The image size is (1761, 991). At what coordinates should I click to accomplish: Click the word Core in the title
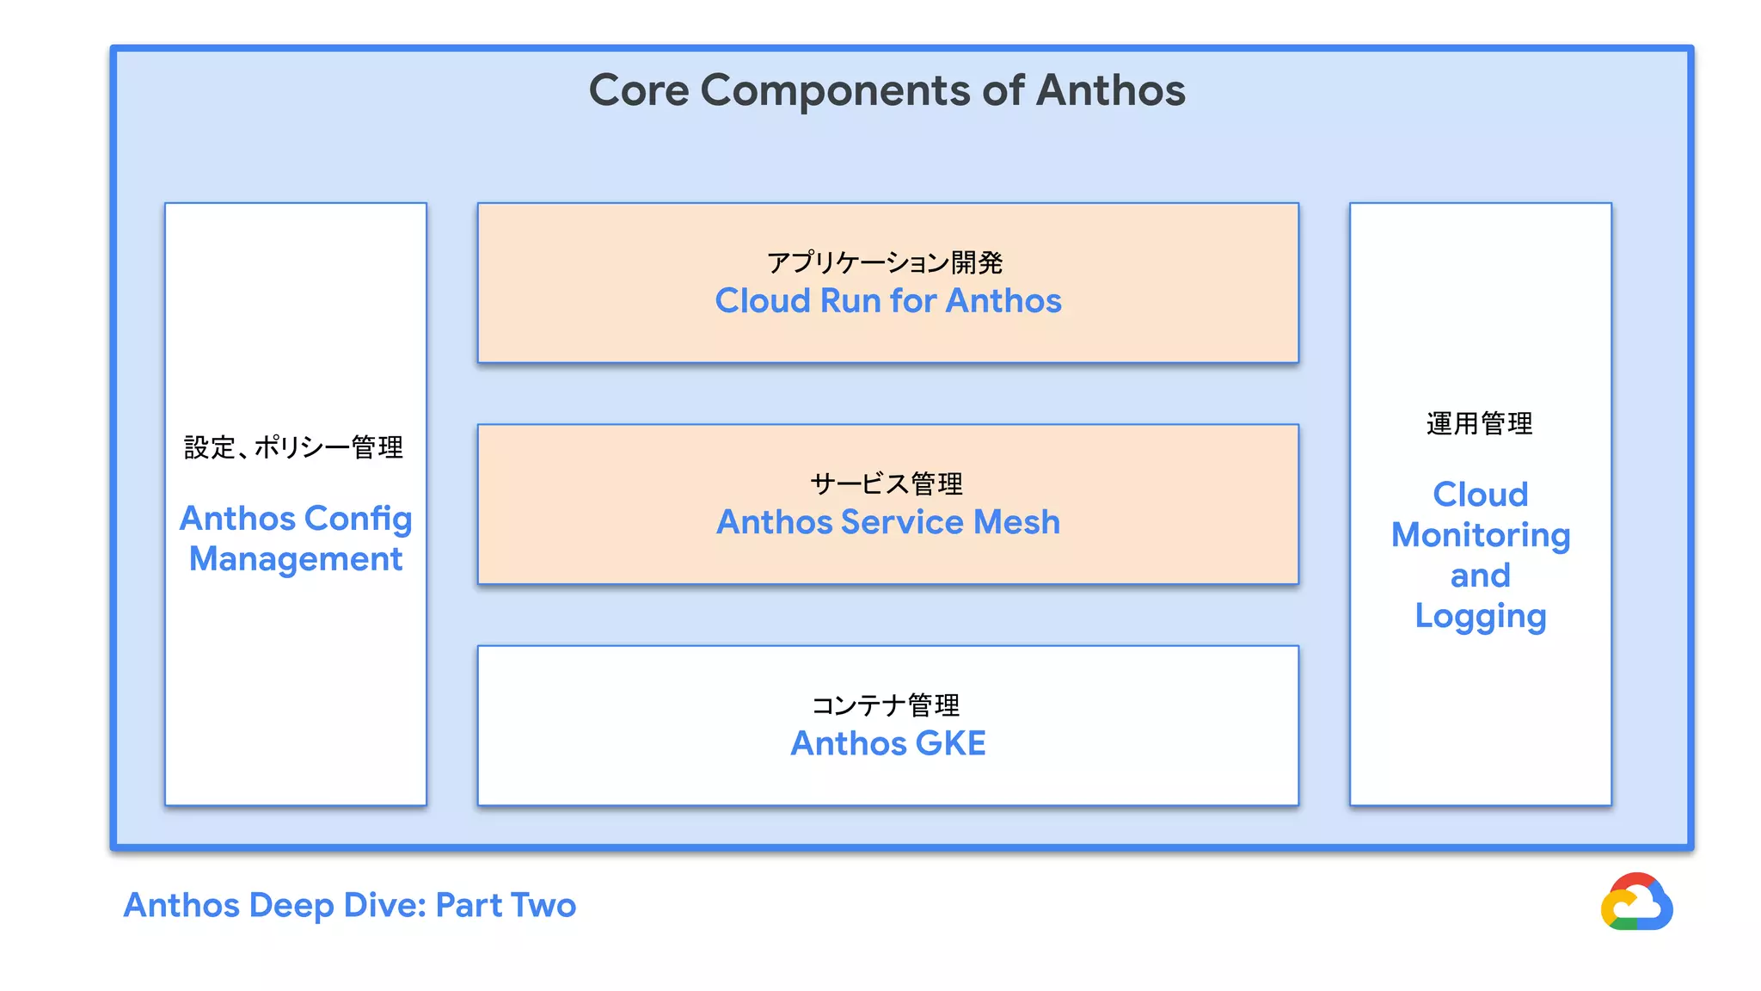pos(638,90)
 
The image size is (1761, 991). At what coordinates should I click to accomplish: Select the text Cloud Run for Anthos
pos(887,301)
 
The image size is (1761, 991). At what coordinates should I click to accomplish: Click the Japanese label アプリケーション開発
pos(885,262)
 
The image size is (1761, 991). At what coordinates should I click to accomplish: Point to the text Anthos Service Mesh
pos(887,522)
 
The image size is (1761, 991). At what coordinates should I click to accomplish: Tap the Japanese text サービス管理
pos(886,483)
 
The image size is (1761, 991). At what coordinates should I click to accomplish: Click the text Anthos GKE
pos(887,743)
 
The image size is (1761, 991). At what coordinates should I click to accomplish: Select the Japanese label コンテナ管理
pos(886,705)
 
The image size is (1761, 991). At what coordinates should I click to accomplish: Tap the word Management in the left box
pos(296,560)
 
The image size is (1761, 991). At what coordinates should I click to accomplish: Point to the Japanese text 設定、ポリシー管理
pos(293,447)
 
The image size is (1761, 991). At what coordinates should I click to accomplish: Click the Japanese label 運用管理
pos(1479,423)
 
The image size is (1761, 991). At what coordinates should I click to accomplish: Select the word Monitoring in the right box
pos(1480,535)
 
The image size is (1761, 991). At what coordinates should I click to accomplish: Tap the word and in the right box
pos(1480,576)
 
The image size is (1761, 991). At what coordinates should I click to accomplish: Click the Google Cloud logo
pos(1635,902)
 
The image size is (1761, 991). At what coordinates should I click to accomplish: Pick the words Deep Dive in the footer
pos(337,905)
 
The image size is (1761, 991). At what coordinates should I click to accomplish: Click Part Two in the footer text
pos(506,905)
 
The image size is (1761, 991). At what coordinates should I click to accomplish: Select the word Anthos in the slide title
pos(1110,90)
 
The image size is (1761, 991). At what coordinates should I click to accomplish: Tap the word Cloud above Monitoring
pos(1480,495)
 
